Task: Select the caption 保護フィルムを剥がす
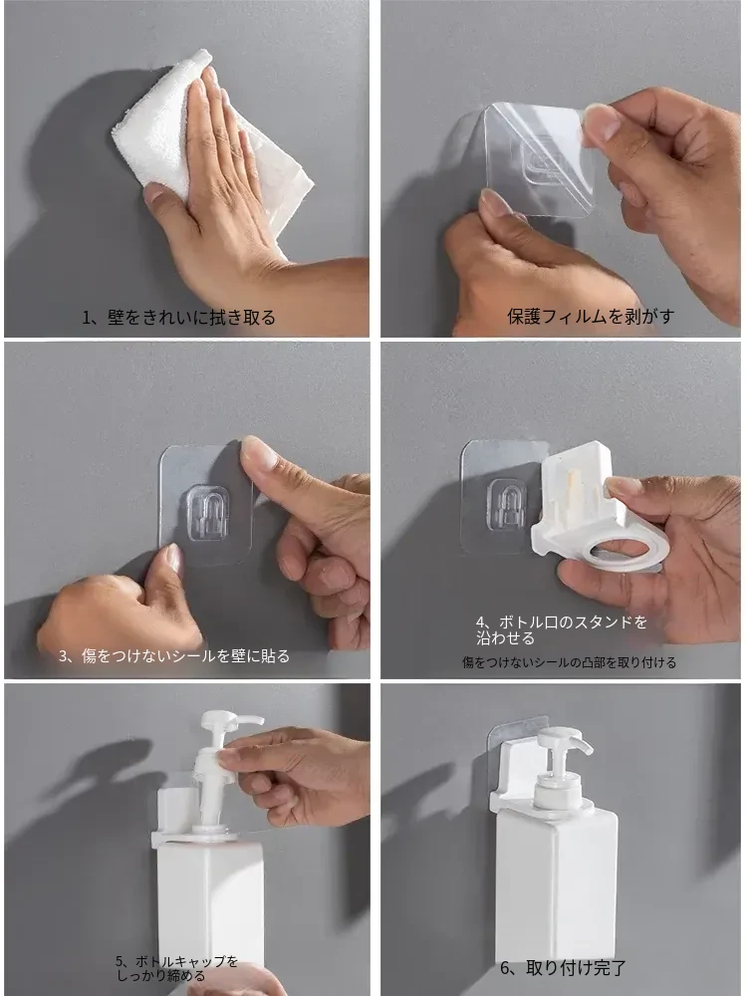click(x=591, y=316)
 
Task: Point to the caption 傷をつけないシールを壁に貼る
click(x=185, y=655)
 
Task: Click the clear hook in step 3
click(x=208, y=513)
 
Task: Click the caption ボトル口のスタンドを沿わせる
click(x=562, y=629)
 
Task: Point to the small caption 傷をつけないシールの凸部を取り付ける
click(x=569, y=662)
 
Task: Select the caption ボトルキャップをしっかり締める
click(x=176, y=969)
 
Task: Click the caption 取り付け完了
click(x=576, y=968)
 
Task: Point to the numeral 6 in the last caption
click(x=506, y=969)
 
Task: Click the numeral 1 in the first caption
click(x=87, y=318)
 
